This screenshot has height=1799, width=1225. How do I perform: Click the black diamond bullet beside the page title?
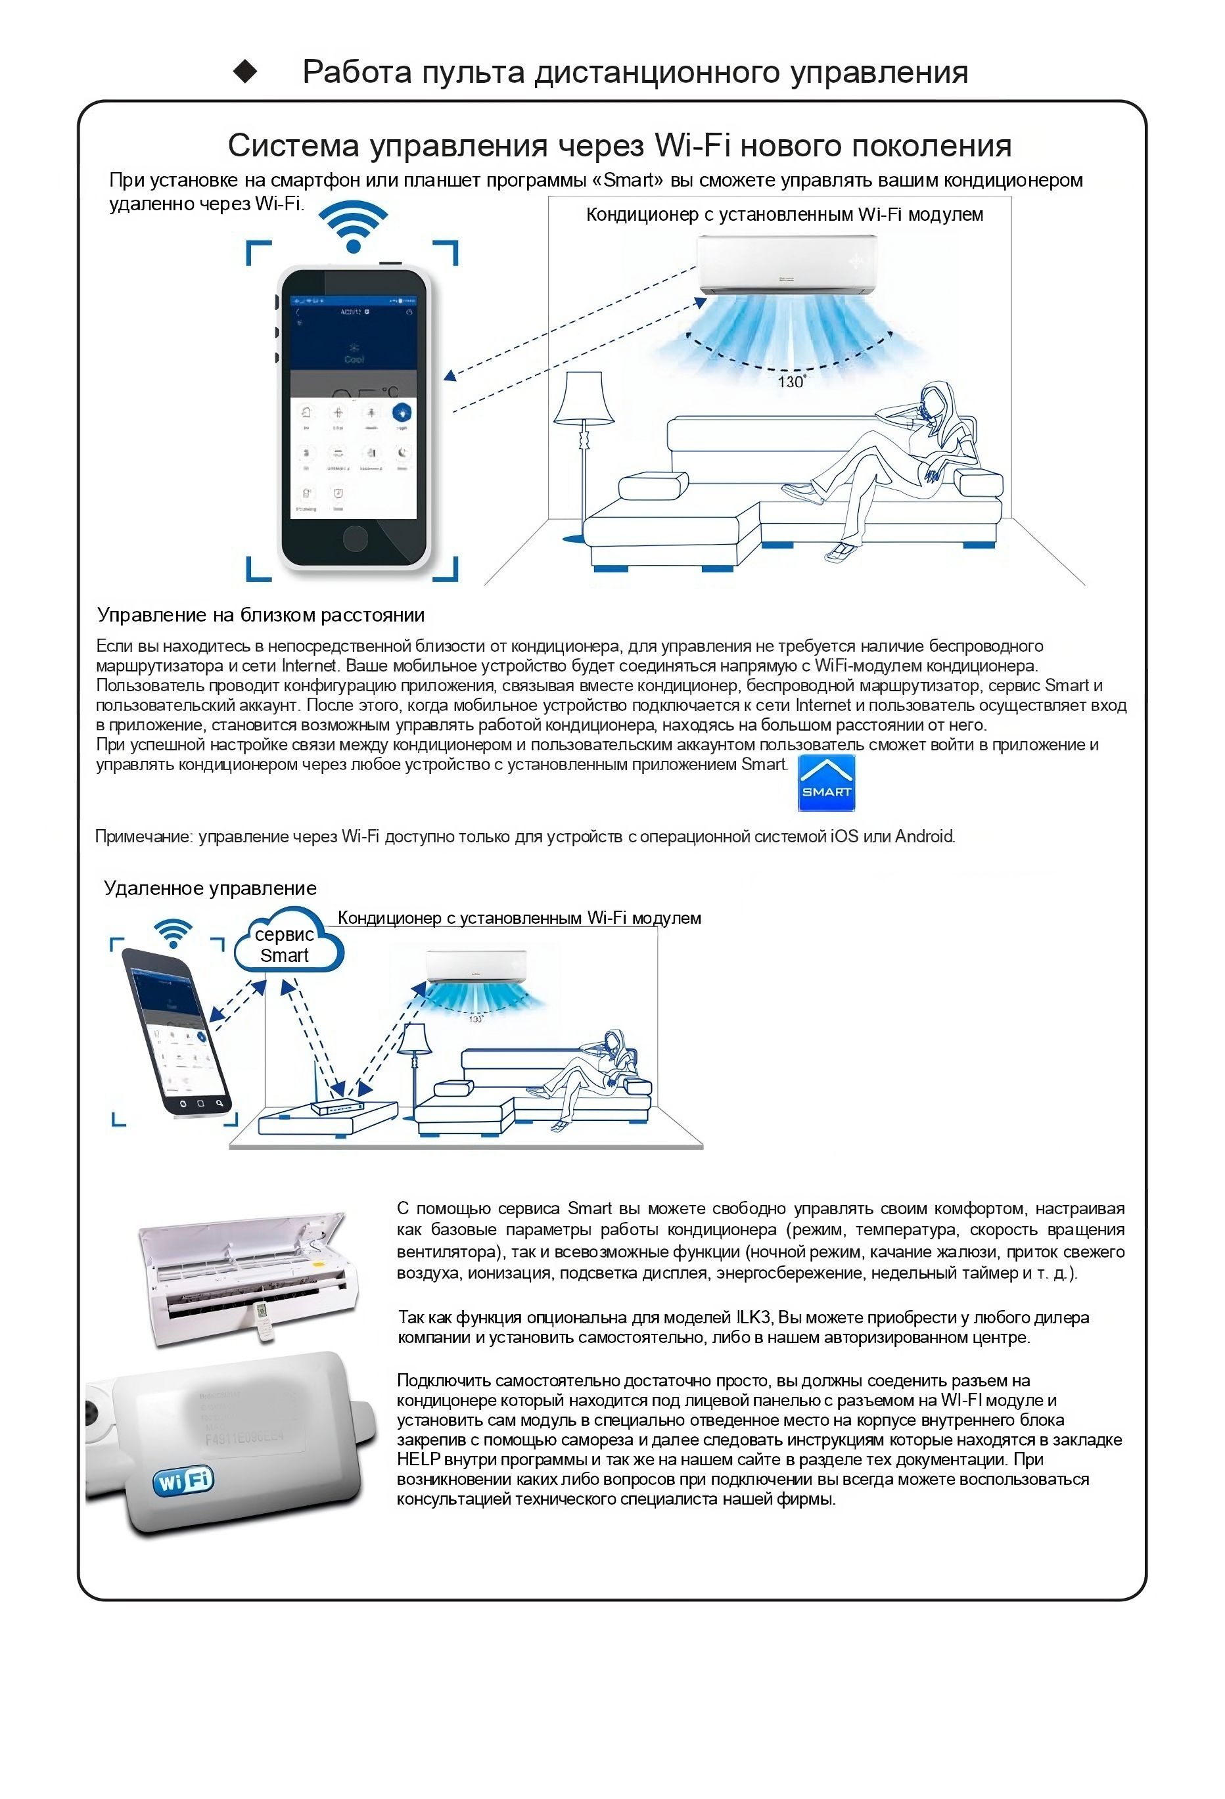246,72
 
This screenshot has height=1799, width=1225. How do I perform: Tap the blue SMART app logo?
825,783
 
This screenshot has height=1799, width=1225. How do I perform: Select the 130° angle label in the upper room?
791,382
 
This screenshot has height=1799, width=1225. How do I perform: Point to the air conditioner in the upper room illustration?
787,265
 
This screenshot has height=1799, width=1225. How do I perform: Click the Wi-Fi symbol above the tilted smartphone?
173,933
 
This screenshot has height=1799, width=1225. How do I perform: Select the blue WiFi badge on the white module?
183,1481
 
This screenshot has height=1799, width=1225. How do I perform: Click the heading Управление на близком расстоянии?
261,616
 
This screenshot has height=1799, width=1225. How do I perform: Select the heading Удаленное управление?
210,888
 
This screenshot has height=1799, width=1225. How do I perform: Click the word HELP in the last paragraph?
418,1459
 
